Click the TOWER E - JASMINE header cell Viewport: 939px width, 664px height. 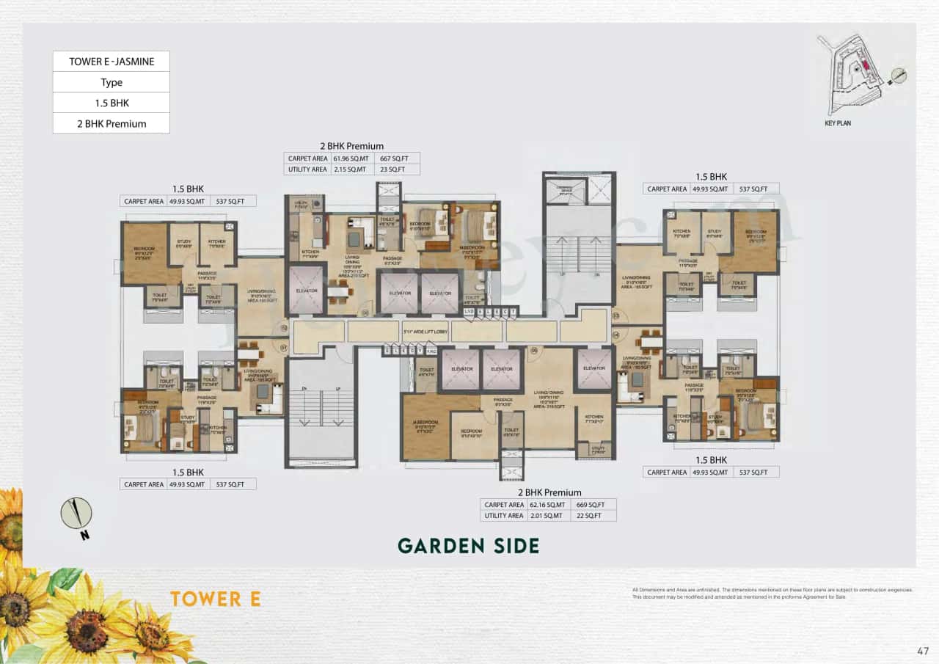[112, 62]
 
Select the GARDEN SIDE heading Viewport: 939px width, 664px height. [468, 546]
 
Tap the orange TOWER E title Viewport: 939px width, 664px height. [215, 599]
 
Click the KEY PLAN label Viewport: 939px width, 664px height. [838, 123]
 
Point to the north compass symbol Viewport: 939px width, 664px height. [76, 514]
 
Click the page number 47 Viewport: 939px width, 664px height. [923, 650]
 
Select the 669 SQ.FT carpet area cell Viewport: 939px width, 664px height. [591, 505]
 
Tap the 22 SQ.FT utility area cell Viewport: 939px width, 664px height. [591, 516]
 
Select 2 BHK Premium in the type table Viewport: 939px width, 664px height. [112, 123]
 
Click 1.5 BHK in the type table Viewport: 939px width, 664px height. [112, 103]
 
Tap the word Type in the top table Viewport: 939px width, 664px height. [112, 82]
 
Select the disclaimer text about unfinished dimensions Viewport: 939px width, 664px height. [772, 594]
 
